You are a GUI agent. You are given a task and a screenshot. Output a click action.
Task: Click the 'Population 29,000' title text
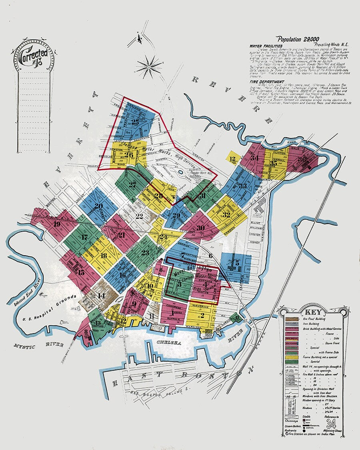click(299, 39)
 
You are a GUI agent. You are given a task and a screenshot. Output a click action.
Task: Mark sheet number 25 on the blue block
click(135, 123)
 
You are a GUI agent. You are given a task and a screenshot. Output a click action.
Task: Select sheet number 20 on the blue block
click(98, 207)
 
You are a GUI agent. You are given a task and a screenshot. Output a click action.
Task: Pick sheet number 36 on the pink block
click(302, 159)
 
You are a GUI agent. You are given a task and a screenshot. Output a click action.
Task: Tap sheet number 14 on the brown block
click(100, 296)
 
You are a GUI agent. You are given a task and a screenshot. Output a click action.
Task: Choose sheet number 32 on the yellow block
click(226, 214)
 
